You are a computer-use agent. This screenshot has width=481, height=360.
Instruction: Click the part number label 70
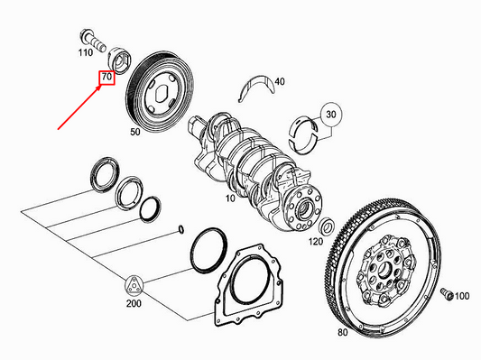click(106, 78)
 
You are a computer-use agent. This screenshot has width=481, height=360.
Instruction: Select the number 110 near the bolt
click(85, 53)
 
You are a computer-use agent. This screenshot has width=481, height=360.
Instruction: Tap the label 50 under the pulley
click(135, 132)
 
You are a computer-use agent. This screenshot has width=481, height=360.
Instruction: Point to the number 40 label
click(279, 82)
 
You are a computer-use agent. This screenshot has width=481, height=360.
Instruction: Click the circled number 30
click(330, 115)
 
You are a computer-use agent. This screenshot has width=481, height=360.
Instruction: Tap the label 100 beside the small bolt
click(461, 296)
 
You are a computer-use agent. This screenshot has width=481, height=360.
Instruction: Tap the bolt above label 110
click(92, 39)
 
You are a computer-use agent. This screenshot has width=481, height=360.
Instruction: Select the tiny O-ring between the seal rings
click(182, 227)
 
